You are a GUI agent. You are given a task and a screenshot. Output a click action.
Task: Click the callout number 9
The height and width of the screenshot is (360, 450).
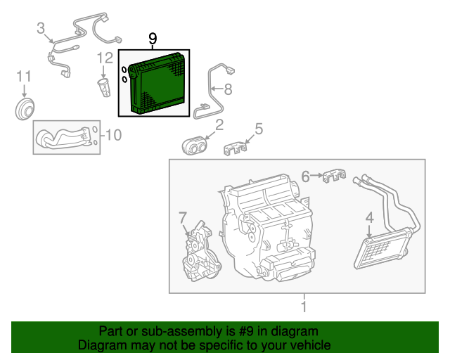153,39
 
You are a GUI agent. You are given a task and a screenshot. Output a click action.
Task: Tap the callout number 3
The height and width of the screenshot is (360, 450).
41,28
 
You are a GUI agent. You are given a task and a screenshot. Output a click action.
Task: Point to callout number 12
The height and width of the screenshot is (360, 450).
105,58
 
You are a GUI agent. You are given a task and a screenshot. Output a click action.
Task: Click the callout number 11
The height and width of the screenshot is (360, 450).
24,75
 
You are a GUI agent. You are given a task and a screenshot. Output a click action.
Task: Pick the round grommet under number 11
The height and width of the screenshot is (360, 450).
26,110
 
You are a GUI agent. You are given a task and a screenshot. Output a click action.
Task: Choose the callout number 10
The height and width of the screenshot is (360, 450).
113,134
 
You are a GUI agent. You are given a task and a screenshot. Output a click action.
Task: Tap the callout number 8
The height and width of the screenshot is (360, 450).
226,89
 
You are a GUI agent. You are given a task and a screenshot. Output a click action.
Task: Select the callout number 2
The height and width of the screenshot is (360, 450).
219,125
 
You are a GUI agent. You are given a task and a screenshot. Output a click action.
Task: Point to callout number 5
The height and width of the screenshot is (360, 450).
258,128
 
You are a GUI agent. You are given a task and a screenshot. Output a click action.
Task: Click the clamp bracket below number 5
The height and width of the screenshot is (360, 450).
236,149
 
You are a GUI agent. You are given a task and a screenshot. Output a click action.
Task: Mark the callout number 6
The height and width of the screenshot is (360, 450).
306,176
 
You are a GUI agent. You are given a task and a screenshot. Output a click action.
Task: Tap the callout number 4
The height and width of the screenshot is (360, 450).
369,219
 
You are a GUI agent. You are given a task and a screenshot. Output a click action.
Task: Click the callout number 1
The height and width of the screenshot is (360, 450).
303,307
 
